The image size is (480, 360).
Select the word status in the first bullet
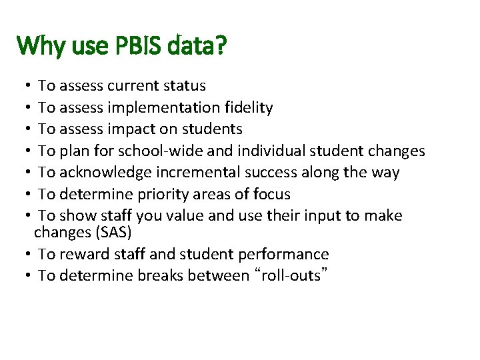(x=183, y=86)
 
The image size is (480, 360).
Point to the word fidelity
(x=248, y=107)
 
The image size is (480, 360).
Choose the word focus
(x=271, y=194)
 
